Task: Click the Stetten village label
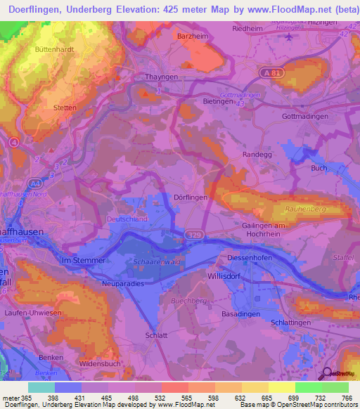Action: [x=65, y=108]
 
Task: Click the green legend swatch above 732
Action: [x=308, y=387]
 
